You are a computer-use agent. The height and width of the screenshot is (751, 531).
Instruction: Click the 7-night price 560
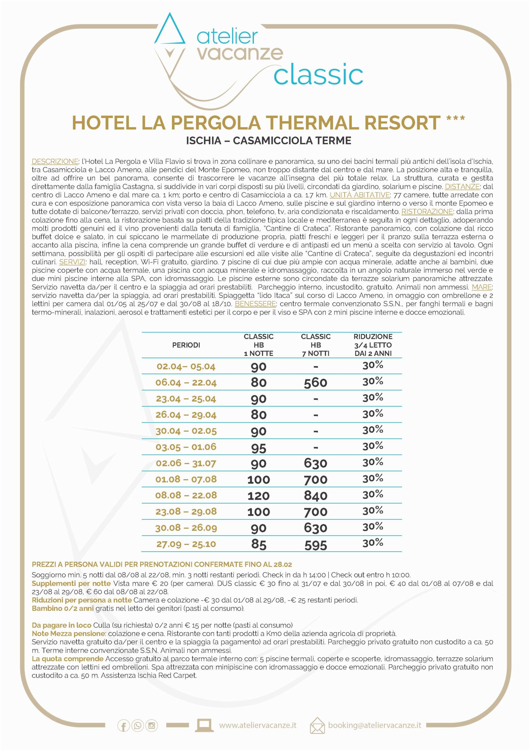tap(315, 383)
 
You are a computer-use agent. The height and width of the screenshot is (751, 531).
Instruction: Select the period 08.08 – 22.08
tap(186, 495)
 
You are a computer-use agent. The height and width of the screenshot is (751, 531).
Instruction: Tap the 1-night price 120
tap(258, 496)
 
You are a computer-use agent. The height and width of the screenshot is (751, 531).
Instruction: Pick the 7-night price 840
tap(315, 496)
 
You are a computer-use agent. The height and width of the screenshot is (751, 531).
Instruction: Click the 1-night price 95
tap(258, 448)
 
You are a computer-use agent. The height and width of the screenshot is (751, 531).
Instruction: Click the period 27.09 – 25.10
tap(186, 544)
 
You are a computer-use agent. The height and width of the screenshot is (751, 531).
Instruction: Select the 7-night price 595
tap(315, 544)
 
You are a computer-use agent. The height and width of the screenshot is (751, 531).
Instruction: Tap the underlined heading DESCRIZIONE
tap(55, 162)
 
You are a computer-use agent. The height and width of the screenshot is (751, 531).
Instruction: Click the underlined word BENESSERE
tap(255, 304)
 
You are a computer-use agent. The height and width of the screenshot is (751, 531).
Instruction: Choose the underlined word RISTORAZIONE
tap(427, 212)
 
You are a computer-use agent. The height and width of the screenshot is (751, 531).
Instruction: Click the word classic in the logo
tap(318, 75)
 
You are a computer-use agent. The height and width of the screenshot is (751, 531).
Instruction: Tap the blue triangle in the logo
tap(170, 31)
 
